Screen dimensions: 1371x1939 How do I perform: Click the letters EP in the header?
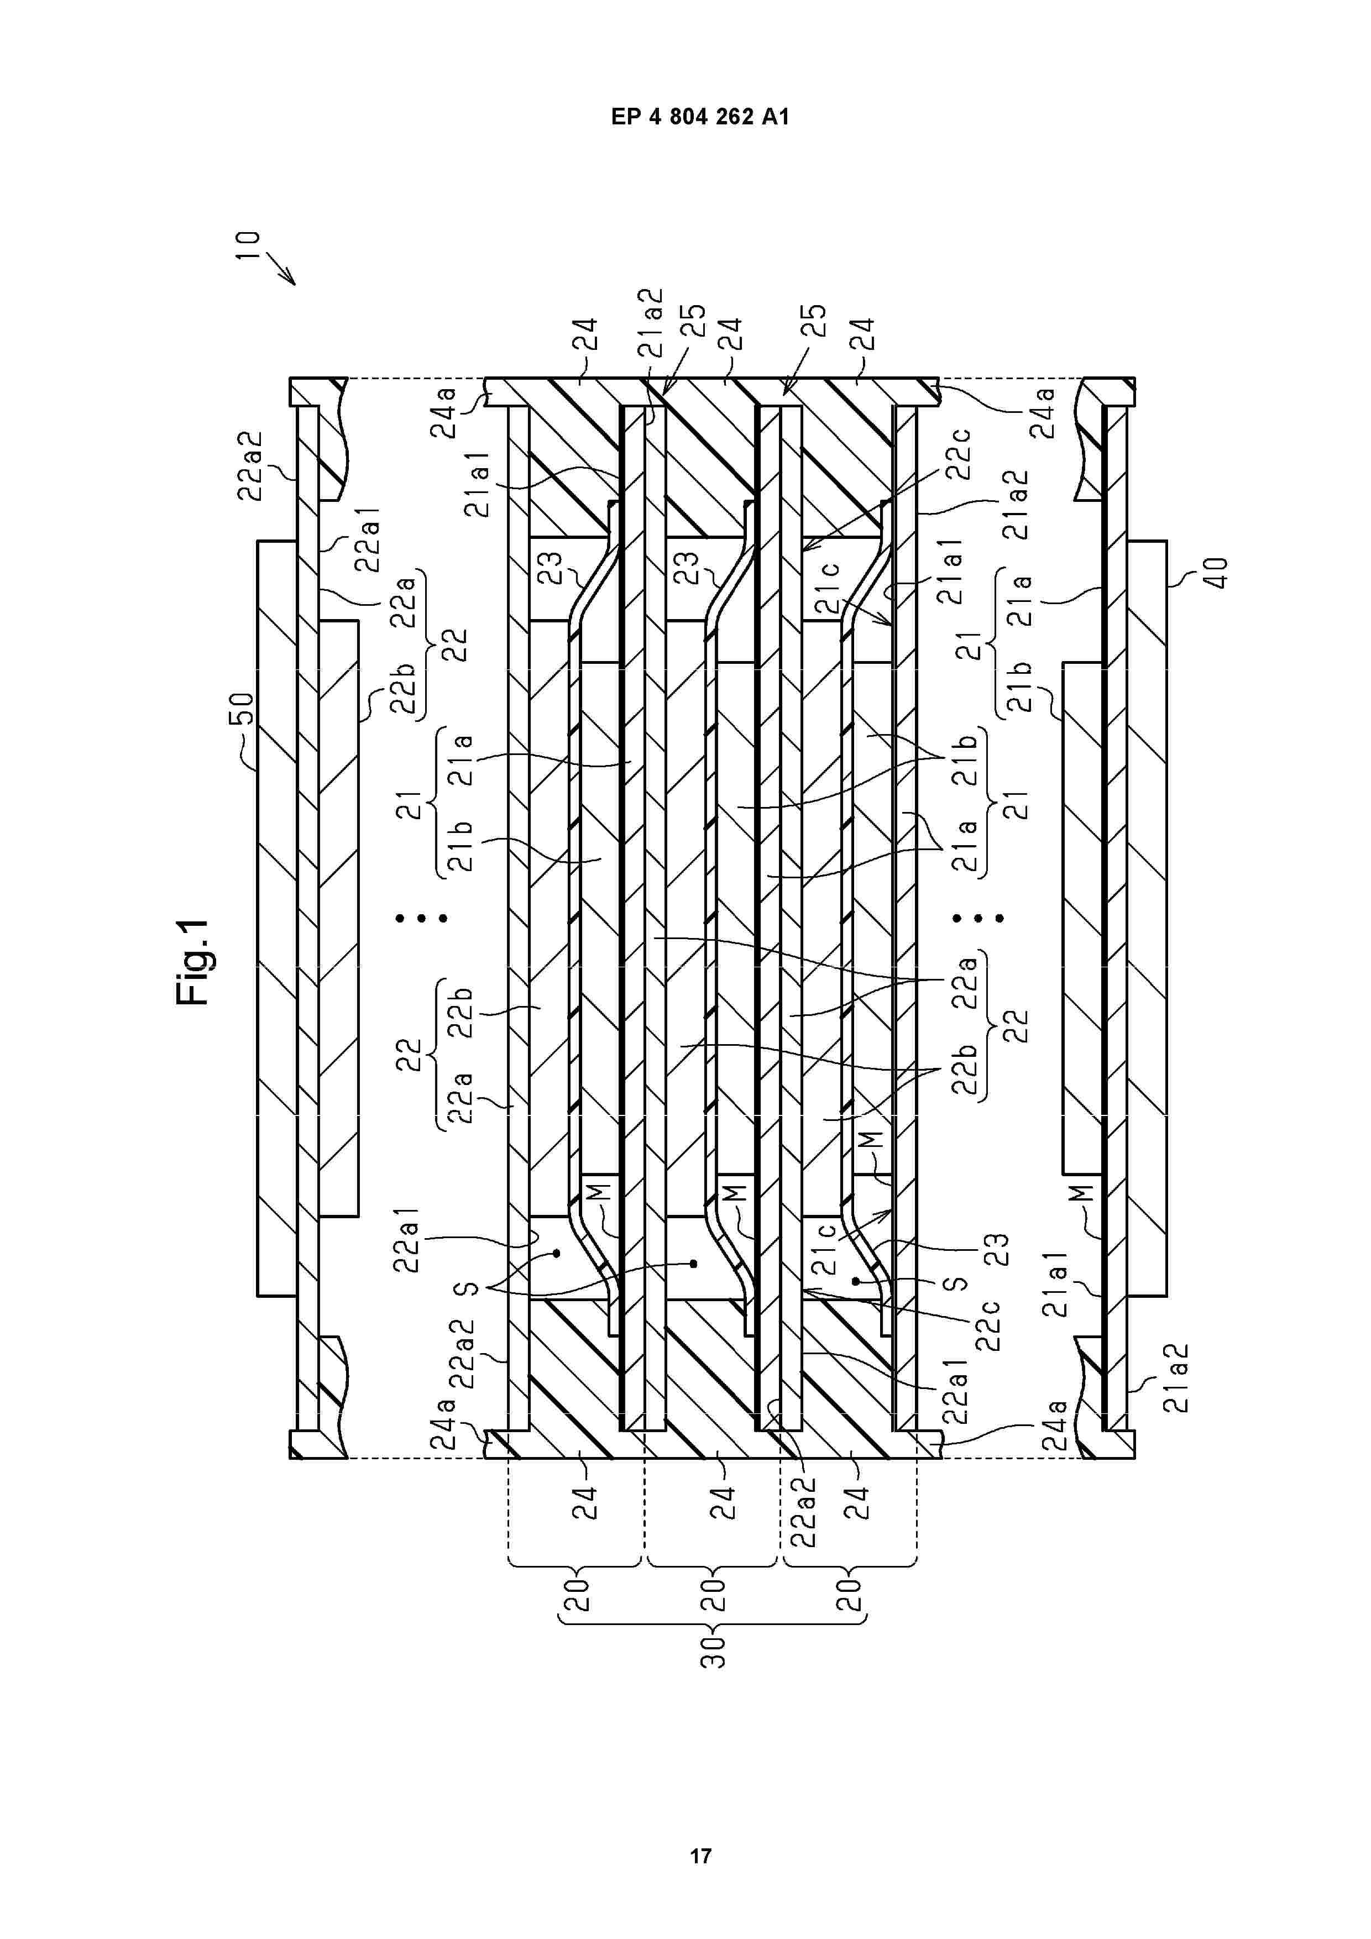(626, 117)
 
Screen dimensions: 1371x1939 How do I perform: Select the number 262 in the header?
(735, 117)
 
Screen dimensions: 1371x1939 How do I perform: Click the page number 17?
(700, 1856)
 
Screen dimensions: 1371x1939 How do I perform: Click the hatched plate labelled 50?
(277, 918)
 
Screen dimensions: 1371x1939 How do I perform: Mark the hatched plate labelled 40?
(1147, 918)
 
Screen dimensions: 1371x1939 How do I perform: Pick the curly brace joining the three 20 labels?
(714, 1622)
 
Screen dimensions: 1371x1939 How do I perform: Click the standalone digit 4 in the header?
(656, 117)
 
